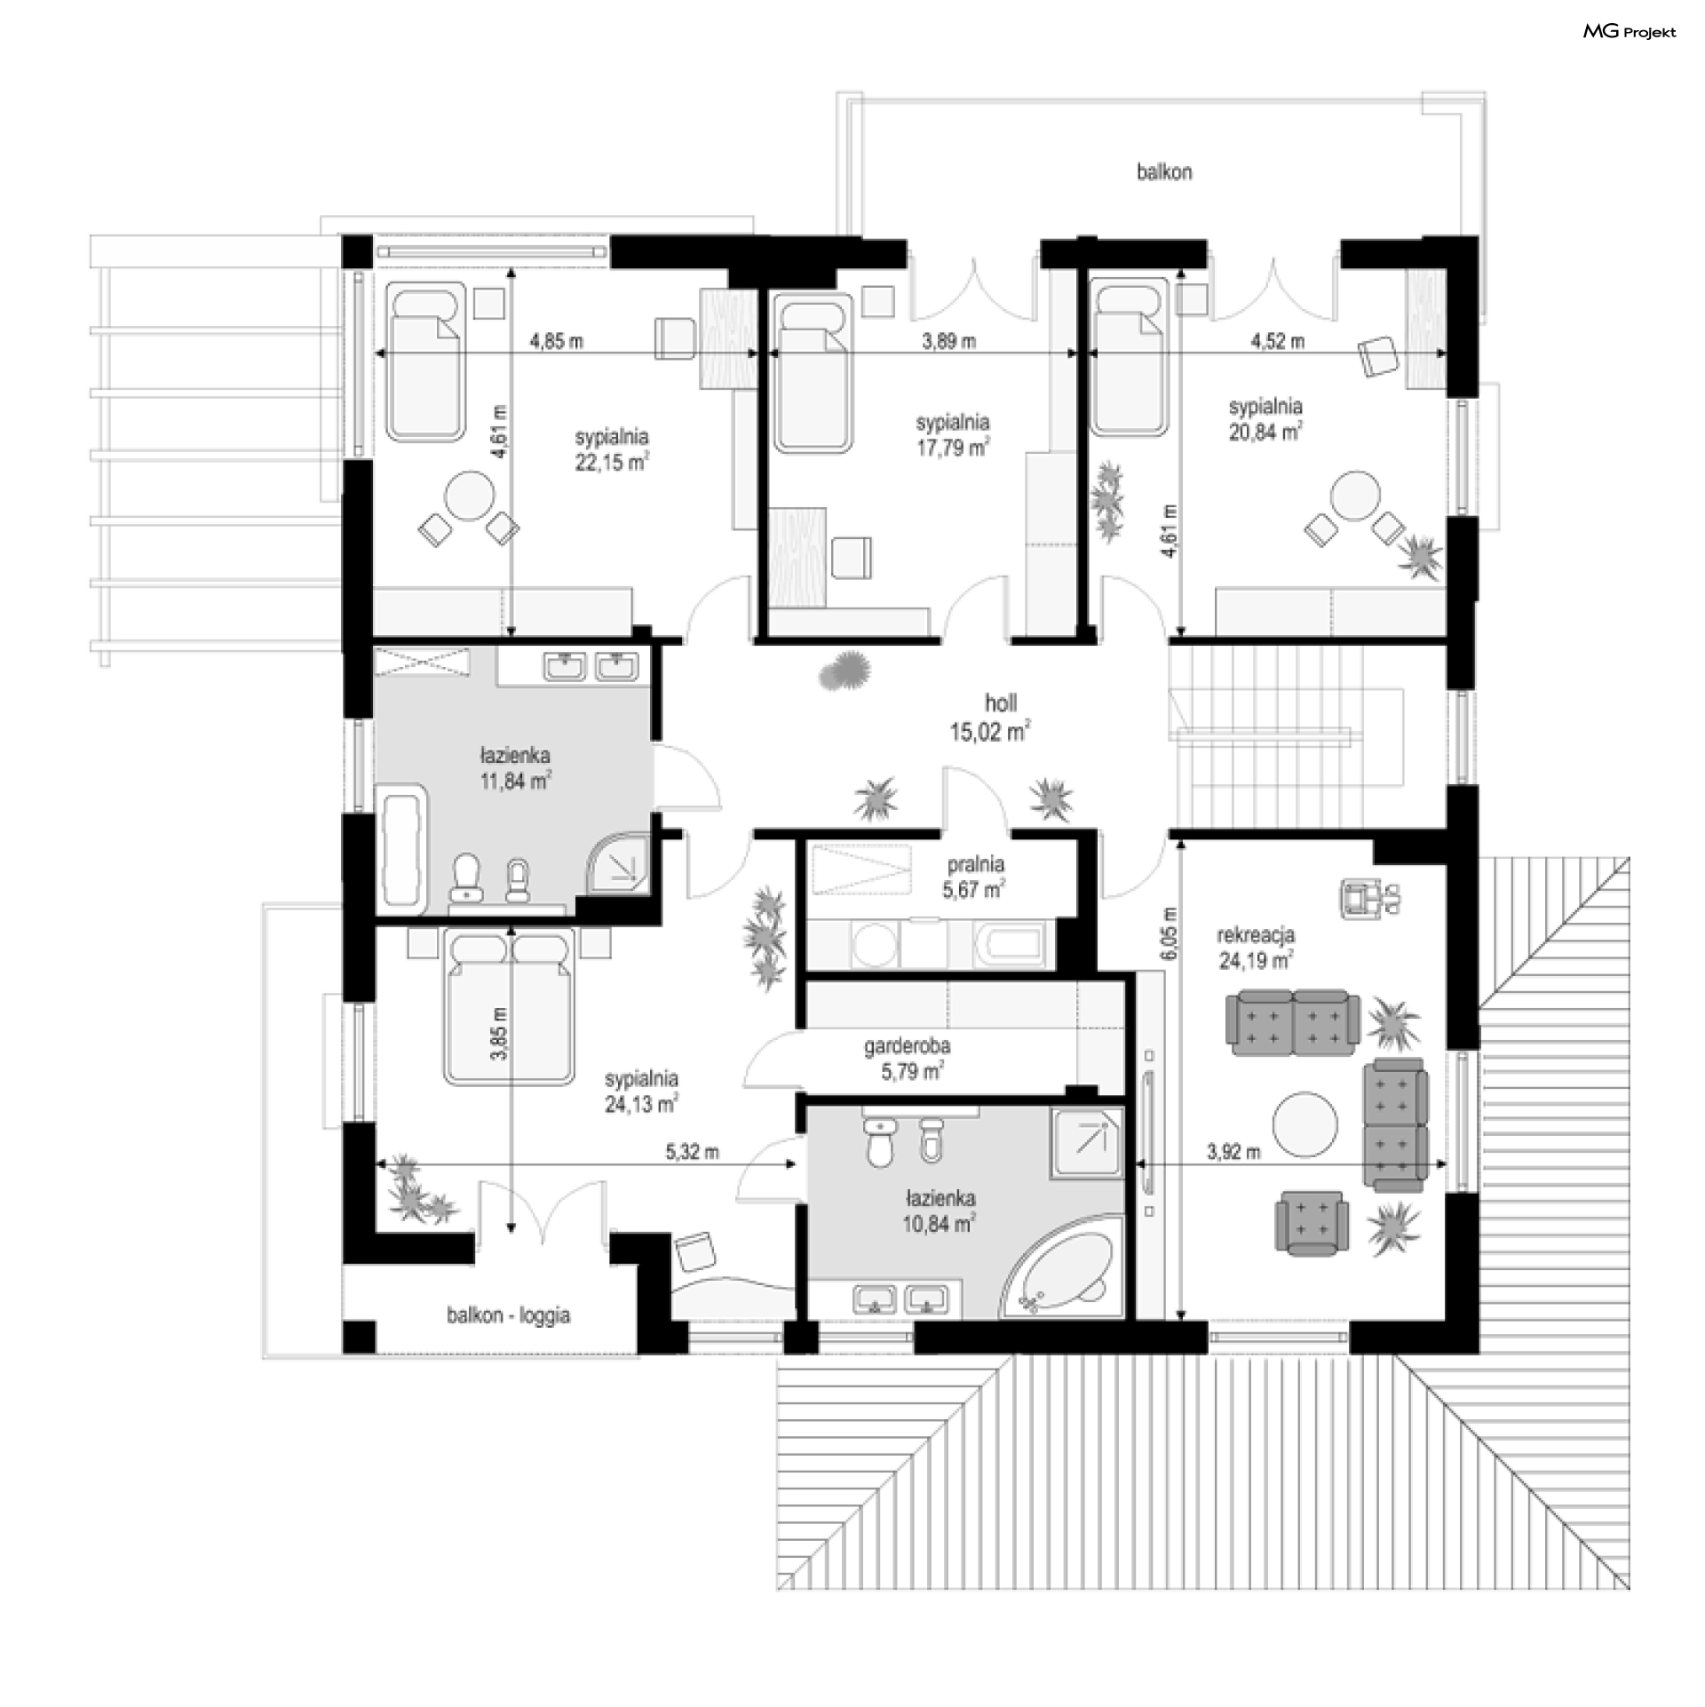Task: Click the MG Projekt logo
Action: point(1630,32)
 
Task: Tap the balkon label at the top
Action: point(1164,171)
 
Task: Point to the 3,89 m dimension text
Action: point(949,341)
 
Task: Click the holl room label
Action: point(1001,703)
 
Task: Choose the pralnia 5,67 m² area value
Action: point(975,889)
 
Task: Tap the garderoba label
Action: point(908,1046)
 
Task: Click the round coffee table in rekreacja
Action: point(1305,1124)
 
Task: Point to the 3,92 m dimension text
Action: point(1233,1153)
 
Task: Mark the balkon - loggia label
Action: point(509,1315)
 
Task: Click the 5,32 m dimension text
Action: point(693,1153)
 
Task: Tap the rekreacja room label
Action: point(1256,934)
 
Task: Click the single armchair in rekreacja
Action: point(1312,1225)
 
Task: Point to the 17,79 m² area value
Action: point(953,448)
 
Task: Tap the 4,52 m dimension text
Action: point(1278,341)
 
